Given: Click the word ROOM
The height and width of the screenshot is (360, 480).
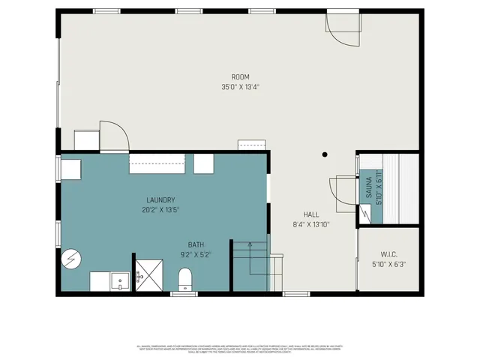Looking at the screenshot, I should pos(240,76).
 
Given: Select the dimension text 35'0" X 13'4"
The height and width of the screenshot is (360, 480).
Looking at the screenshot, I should pos(240,86).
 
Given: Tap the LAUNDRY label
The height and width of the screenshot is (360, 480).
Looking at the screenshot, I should pos(160,199).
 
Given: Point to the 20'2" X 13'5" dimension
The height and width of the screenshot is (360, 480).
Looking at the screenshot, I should pos(160,209).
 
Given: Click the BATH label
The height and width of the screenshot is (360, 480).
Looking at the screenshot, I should pos(195,244).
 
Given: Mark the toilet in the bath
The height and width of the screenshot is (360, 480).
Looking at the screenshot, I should pos(184,280).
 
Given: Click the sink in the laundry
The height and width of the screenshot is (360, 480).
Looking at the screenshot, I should pos(119,281).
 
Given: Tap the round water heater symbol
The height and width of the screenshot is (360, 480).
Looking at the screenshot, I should pos(72,259).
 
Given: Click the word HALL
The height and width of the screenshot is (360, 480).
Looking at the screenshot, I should pos(311,214).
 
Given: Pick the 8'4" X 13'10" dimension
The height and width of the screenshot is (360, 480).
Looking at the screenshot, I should pos(311,223).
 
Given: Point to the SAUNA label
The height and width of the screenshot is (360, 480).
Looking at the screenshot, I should pos(369,187).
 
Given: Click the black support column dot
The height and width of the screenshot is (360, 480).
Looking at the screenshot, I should pos(325,155).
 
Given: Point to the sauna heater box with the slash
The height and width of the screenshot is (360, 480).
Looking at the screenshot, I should pos(364,214).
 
